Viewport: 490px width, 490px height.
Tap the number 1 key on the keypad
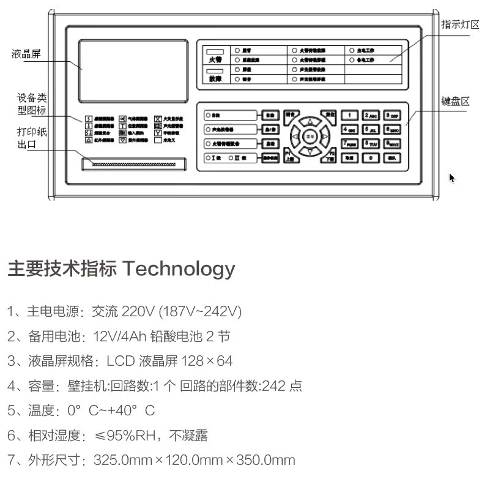(x=349, y=115)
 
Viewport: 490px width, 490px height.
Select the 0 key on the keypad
(x=370, y=158)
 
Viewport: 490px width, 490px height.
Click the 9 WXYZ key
(x=392, y=144)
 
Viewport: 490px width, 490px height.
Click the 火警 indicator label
(x=214, y=60)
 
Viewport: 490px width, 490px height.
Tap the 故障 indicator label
(x=214, y=79)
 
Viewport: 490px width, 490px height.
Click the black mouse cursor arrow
(x=452, y=178)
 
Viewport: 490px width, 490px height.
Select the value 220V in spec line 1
(x=139, y=311)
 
